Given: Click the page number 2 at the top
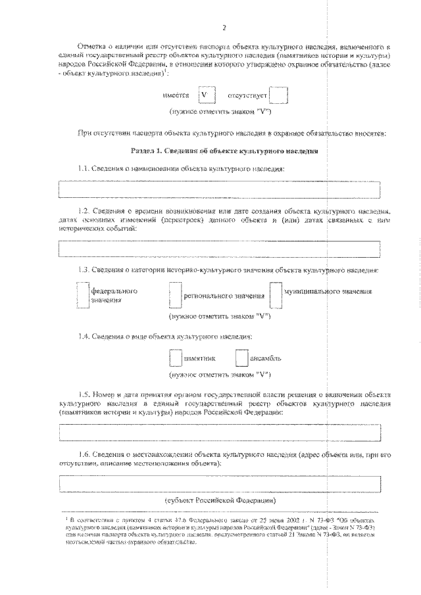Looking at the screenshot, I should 224,28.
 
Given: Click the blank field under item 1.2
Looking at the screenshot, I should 220,250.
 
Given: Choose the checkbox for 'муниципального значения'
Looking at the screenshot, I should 276,295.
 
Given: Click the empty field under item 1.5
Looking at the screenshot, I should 220,433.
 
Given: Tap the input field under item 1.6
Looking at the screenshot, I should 220,484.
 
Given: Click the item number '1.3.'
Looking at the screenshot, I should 84,270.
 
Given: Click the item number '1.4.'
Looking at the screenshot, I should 84,337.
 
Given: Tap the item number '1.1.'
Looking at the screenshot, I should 84,169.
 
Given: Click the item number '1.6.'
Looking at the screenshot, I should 84,454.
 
